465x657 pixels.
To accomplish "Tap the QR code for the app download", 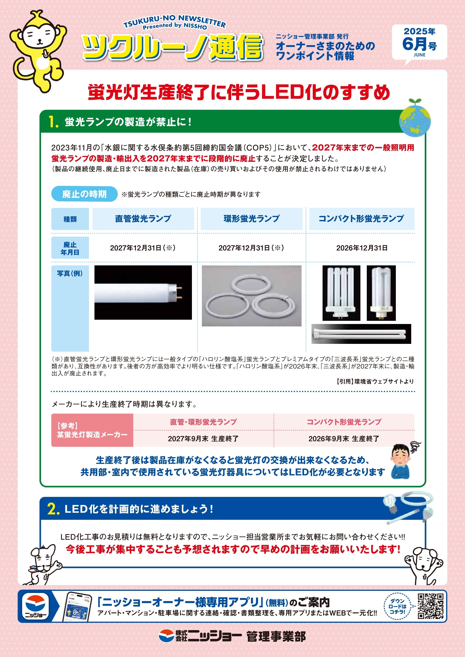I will point(430,606).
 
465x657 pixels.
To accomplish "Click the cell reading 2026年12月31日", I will point(362,248).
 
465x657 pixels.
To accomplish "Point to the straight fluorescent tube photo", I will point(143,292).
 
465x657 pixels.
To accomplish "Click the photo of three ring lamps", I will point(251,296).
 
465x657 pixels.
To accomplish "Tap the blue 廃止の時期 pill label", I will point(84,194).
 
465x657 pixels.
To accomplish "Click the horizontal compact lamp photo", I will point(361,334).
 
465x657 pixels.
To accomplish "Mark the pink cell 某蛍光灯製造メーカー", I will point(92,430).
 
